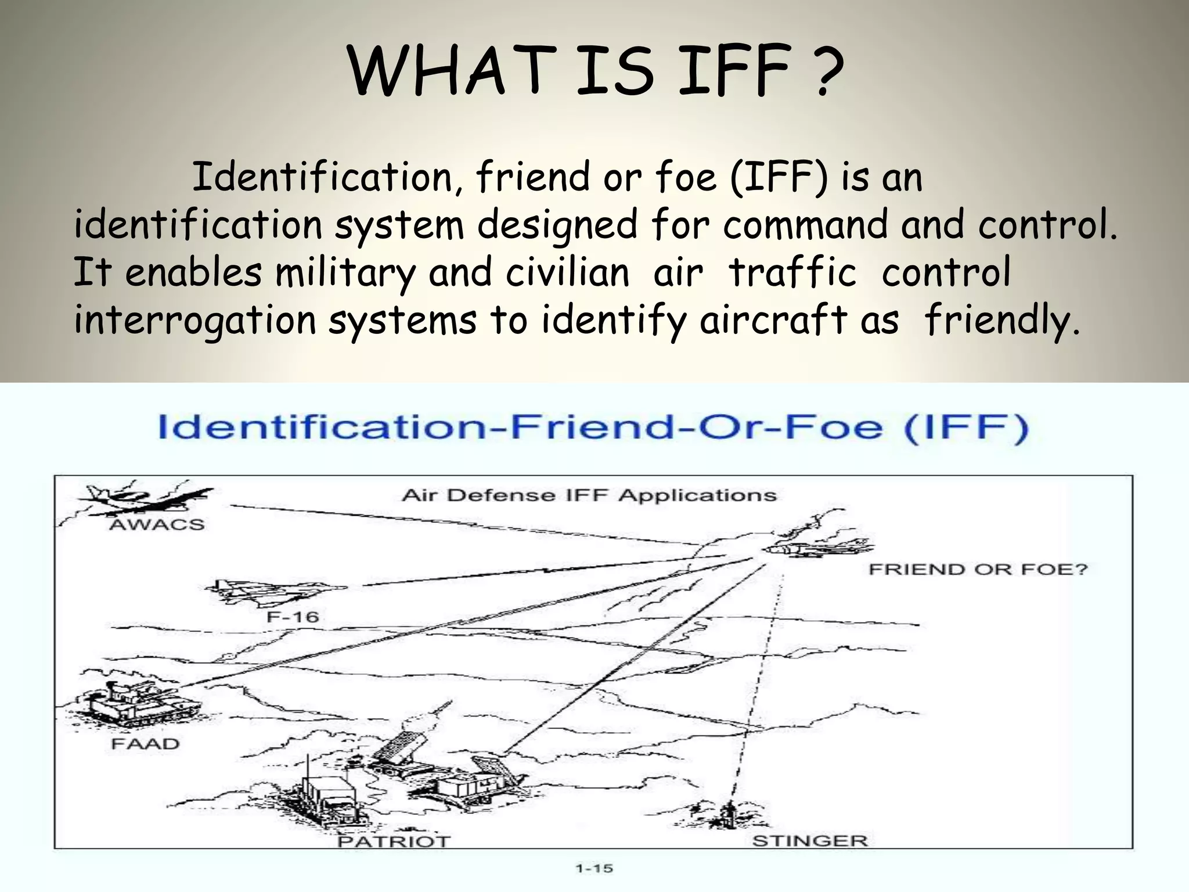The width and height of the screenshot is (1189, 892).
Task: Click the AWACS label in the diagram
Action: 157,525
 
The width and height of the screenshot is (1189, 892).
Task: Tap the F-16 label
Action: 293,616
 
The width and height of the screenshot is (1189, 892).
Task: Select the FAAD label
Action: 145,744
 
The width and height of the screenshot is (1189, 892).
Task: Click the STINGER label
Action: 810,841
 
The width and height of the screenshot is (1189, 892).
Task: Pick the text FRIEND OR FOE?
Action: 978,569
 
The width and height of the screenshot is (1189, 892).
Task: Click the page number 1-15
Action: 594,869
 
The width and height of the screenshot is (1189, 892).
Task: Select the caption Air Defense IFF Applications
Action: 589,495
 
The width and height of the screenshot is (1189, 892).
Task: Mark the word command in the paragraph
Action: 805,224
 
